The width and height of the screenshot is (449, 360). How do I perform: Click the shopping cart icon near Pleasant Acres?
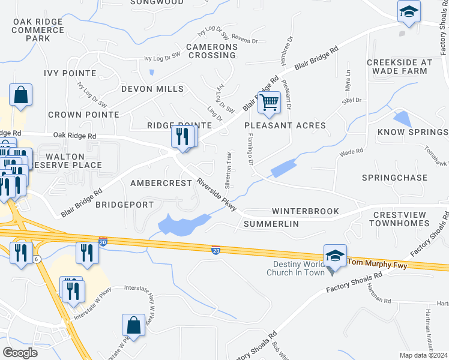(x=270, y=102)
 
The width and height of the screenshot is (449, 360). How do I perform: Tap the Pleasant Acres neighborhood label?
(x=285, y=125)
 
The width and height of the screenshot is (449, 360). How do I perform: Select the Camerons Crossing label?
(x=212, y=51)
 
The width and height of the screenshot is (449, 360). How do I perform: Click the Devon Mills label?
(x=152, y=89)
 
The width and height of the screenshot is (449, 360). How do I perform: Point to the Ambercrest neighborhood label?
(x=161, y=183)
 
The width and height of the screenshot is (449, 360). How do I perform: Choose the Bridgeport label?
(x=125, y=205)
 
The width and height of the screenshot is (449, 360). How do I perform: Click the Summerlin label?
(x=272, y=224)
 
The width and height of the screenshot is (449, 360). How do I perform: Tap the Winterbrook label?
(x=306, y=212)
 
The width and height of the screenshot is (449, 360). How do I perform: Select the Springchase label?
(x=395, y=178)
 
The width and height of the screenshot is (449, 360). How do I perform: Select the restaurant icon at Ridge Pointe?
(x=184, y=137)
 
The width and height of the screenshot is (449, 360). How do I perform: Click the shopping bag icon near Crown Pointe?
(x=20, y=95)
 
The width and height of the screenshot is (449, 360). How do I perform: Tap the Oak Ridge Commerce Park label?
(x=38, y=30)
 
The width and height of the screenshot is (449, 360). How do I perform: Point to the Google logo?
(x=20, y=352)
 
